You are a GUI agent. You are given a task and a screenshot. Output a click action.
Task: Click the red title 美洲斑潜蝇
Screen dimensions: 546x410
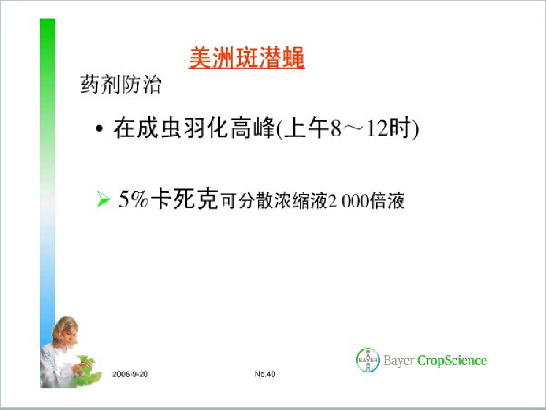(x=247, y=57)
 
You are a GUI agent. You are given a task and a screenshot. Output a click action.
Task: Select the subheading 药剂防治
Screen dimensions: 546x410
(x=121, y=84)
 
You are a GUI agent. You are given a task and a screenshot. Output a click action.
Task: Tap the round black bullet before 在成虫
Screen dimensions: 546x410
(x=99, y=128)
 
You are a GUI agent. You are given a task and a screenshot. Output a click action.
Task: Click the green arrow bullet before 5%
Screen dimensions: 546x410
(x=103, y=200)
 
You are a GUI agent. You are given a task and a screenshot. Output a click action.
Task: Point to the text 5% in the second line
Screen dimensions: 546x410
(x=133, y=199)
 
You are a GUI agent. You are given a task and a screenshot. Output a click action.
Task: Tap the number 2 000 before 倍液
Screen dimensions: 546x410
(x=349, y=201)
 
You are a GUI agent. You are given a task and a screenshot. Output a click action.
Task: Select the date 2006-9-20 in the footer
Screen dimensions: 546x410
(x=130, y=374)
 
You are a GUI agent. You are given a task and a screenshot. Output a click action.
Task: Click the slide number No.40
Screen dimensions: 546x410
(x=265, y=374)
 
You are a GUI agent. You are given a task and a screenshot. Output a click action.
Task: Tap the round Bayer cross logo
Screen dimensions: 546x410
(x=367, y=360)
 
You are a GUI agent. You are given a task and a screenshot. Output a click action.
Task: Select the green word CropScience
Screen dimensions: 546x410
(x=452, y=360)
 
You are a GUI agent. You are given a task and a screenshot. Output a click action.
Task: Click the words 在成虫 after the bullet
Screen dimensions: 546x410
(x=148, y=128)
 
